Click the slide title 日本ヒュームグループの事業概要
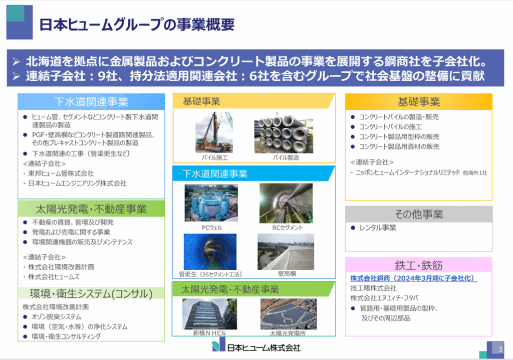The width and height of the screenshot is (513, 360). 137,25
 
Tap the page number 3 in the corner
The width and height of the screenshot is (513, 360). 500,349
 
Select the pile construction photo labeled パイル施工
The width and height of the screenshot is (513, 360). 214,132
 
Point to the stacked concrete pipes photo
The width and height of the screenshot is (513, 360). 284,133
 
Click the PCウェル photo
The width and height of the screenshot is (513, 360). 211,203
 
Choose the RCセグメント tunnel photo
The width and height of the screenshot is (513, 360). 286,203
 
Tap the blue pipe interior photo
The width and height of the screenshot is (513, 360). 210,252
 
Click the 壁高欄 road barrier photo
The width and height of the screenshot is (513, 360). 286,252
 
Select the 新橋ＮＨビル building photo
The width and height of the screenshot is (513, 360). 209,314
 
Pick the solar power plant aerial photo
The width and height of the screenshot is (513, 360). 289,314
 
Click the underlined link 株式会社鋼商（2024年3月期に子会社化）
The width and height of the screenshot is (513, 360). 413,278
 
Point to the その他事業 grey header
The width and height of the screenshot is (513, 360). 419,214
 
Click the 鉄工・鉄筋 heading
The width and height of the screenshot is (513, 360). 419,265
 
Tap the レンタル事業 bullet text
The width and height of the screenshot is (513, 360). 378,228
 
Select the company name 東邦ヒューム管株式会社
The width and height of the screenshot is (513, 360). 61,173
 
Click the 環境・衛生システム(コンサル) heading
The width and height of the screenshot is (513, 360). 91,293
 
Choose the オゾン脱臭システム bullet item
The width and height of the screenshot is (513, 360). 56,317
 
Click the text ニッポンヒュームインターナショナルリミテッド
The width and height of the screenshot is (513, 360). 408,172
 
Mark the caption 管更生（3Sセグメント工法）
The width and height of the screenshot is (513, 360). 210,274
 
